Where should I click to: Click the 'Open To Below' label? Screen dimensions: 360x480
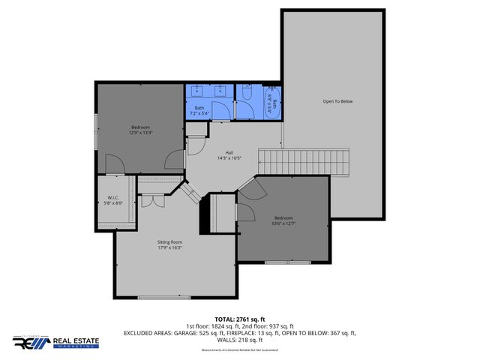(x=337, y=100)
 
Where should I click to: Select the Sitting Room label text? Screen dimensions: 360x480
(x=169, y=242)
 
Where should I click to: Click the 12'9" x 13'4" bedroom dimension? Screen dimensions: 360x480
(x=140, y=133)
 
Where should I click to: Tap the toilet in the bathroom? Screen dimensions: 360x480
(x=246, y=94)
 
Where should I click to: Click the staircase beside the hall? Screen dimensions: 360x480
(x=304, y=160)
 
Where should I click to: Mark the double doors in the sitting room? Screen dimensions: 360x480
(x=154, y=201)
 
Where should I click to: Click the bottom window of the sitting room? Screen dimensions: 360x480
(x=164, y=298)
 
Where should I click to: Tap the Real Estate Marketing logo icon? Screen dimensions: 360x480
(x=28, y=342)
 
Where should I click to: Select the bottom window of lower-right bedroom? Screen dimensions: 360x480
(x=288, y=262)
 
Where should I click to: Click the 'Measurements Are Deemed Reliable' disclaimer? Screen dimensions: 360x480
(x=239, y=350)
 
